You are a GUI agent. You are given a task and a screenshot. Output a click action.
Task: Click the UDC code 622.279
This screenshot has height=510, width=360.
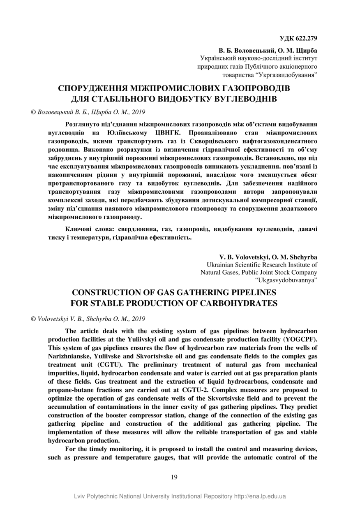click(305, 39)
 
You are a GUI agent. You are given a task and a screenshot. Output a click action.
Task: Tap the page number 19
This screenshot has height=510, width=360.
click(174, 477)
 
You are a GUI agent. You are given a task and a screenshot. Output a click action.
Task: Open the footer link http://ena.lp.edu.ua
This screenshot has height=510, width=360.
click(260, 496)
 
